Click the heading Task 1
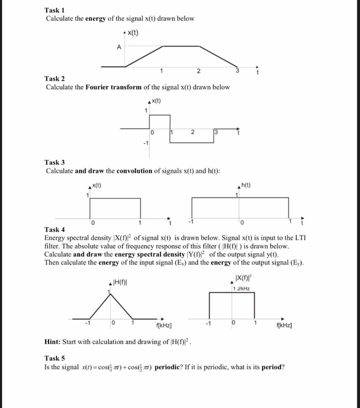(54, 10)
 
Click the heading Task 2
(54, 78)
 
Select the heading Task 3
(54, 162)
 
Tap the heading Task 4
(54, 229)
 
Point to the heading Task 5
(54, 358)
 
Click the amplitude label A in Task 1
(118, 47)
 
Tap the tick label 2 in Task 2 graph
(192, 132)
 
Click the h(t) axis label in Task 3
(246, 185)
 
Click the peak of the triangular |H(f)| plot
(110, 294)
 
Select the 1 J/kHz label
(242, 288)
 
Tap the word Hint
(52, 342)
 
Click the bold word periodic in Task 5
(169, 367)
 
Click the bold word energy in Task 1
(96, 19)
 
